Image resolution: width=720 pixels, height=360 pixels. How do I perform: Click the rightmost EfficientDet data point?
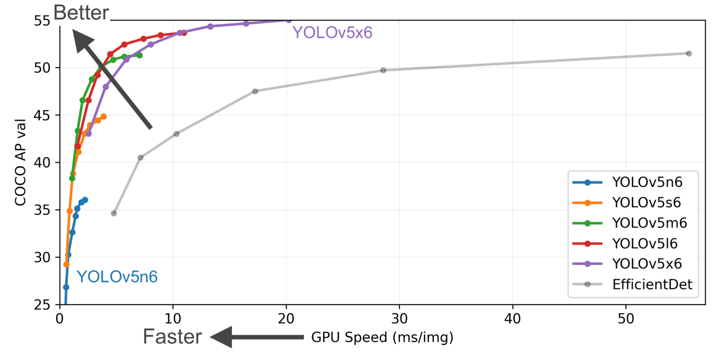click(689, 53)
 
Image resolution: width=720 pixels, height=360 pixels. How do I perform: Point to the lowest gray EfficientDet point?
click(114, 213)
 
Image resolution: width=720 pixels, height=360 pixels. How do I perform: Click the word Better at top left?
click(82, 13)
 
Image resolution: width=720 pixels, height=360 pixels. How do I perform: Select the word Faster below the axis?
click(173, 337)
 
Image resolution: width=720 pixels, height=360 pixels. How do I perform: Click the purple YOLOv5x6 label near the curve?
click(332, 32)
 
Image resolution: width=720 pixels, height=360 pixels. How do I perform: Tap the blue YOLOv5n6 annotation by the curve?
click(117, 277)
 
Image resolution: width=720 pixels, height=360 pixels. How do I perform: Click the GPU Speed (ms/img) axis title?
click(382, 337)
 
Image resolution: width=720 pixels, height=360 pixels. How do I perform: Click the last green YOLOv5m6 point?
click(139, 55)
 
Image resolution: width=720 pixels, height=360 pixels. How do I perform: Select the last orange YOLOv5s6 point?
click(104, 116)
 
